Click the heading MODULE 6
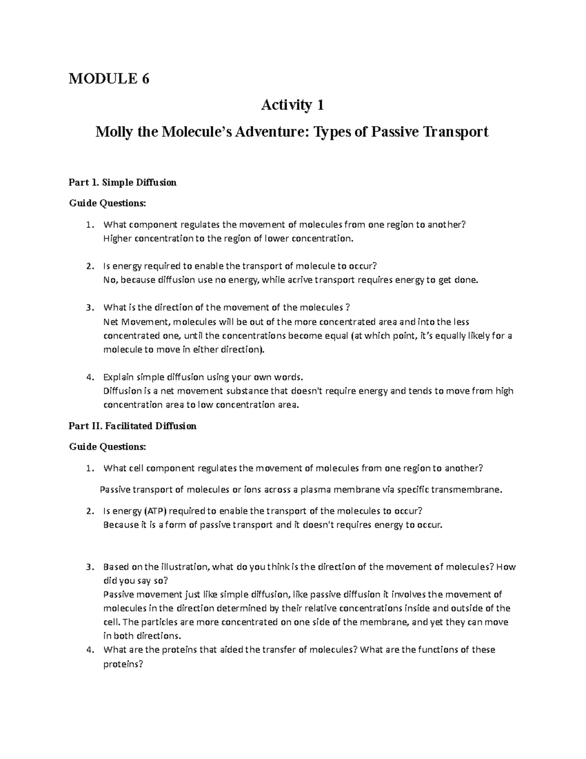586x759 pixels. tap(109, 78)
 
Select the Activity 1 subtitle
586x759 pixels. tap(293, 105)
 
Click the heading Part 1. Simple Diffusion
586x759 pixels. tap(123, 183)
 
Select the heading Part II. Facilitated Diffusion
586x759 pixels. tap(132, 426)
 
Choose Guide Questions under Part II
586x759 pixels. tap(107, 447)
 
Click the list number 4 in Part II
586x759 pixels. tap(88, 650)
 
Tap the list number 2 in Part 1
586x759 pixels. tap(88, 266)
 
